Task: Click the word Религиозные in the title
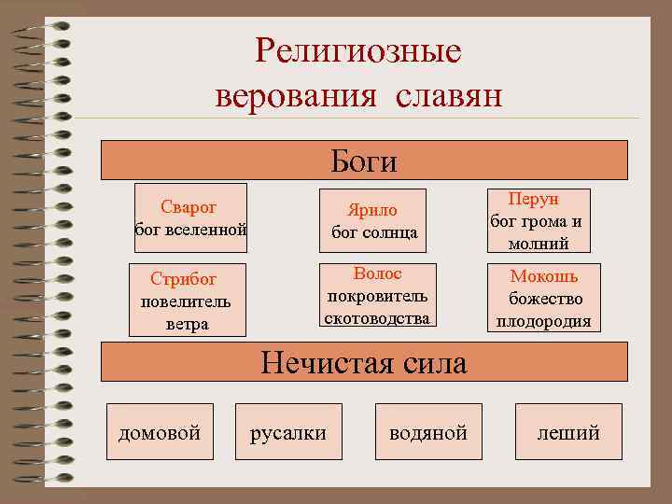coord(357,51)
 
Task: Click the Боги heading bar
coord(364,161)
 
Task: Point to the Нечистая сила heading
coord(364,361)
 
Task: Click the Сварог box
coord(190,217)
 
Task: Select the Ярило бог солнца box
coord(372,220)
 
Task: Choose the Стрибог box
coord(187,301)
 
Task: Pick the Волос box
coord(377,295)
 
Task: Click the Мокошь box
coord(544,299)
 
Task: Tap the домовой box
coord(160,432)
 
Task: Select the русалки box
coord(288,432)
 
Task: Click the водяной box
coord(428,432)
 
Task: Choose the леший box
coord(567,432)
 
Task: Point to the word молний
coord(537,244)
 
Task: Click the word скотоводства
coord(377,317)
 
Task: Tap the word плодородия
coord(544,321)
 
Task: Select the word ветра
coord(187,324)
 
